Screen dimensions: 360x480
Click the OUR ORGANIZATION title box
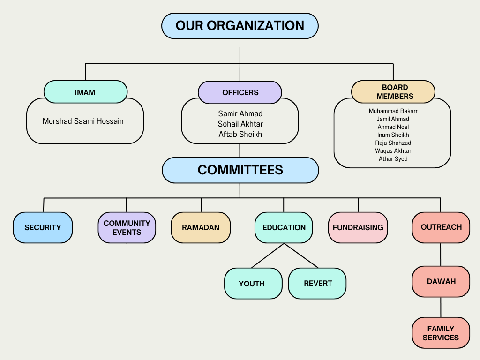click(240, 26)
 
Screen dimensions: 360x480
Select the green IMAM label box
click(85, 92)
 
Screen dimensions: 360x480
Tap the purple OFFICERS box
click(240, 92)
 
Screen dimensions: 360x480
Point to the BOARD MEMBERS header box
click(393, 92)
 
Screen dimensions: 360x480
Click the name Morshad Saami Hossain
click(83, 121)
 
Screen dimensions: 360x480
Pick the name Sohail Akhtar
click(240, 124)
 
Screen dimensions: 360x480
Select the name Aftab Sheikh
click(240, 134)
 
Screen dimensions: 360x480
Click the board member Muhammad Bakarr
click(393, 111)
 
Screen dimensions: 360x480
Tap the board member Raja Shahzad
click(393, 143)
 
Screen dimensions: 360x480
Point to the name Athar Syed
click(393, 159)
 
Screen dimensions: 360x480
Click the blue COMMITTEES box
click(240, 170)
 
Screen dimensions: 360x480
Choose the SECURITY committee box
click(43, 227)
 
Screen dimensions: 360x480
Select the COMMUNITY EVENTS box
click(127, 227)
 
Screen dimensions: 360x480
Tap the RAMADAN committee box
click(201, 227)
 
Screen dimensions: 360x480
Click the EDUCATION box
click(284, 227)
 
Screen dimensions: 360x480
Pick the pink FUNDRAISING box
click(358, 227)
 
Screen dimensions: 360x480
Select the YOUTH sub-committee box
click(253, 284)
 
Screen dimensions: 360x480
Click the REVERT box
click(317, 284)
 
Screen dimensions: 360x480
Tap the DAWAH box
click(441, 282)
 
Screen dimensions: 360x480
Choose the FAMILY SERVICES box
click(441, 333)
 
